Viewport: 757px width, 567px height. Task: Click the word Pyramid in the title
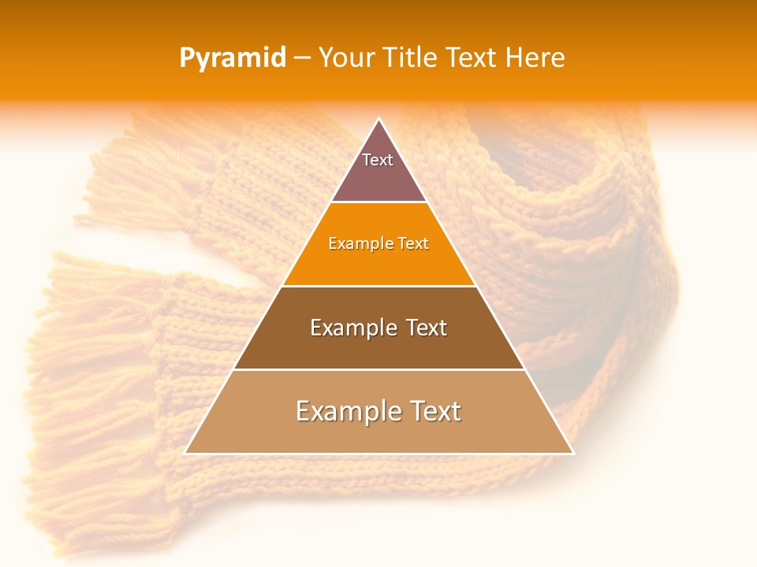click(x=233, y=58)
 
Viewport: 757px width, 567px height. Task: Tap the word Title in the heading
click(x=412, y=58)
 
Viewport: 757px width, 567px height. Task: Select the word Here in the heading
click(x=535, y=58)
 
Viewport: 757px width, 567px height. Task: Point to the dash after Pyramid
click(x=302, y=58)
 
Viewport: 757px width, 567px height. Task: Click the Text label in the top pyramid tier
click(x=378, y=160)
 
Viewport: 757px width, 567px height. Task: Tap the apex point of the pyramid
click(x=379, y=119)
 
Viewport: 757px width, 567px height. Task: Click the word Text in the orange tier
click(x=412, y=244)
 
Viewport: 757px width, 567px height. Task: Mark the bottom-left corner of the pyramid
click(x=185, y=453)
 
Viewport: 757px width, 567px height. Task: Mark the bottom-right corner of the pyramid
click(x=573, y=453)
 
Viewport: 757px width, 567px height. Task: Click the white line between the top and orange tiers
click(x=379, y=202)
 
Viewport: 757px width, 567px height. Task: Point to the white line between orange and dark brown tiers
click(x=379, y=286)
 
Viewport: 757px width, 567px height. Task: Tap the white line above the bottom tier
click(x=379, y=369)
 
